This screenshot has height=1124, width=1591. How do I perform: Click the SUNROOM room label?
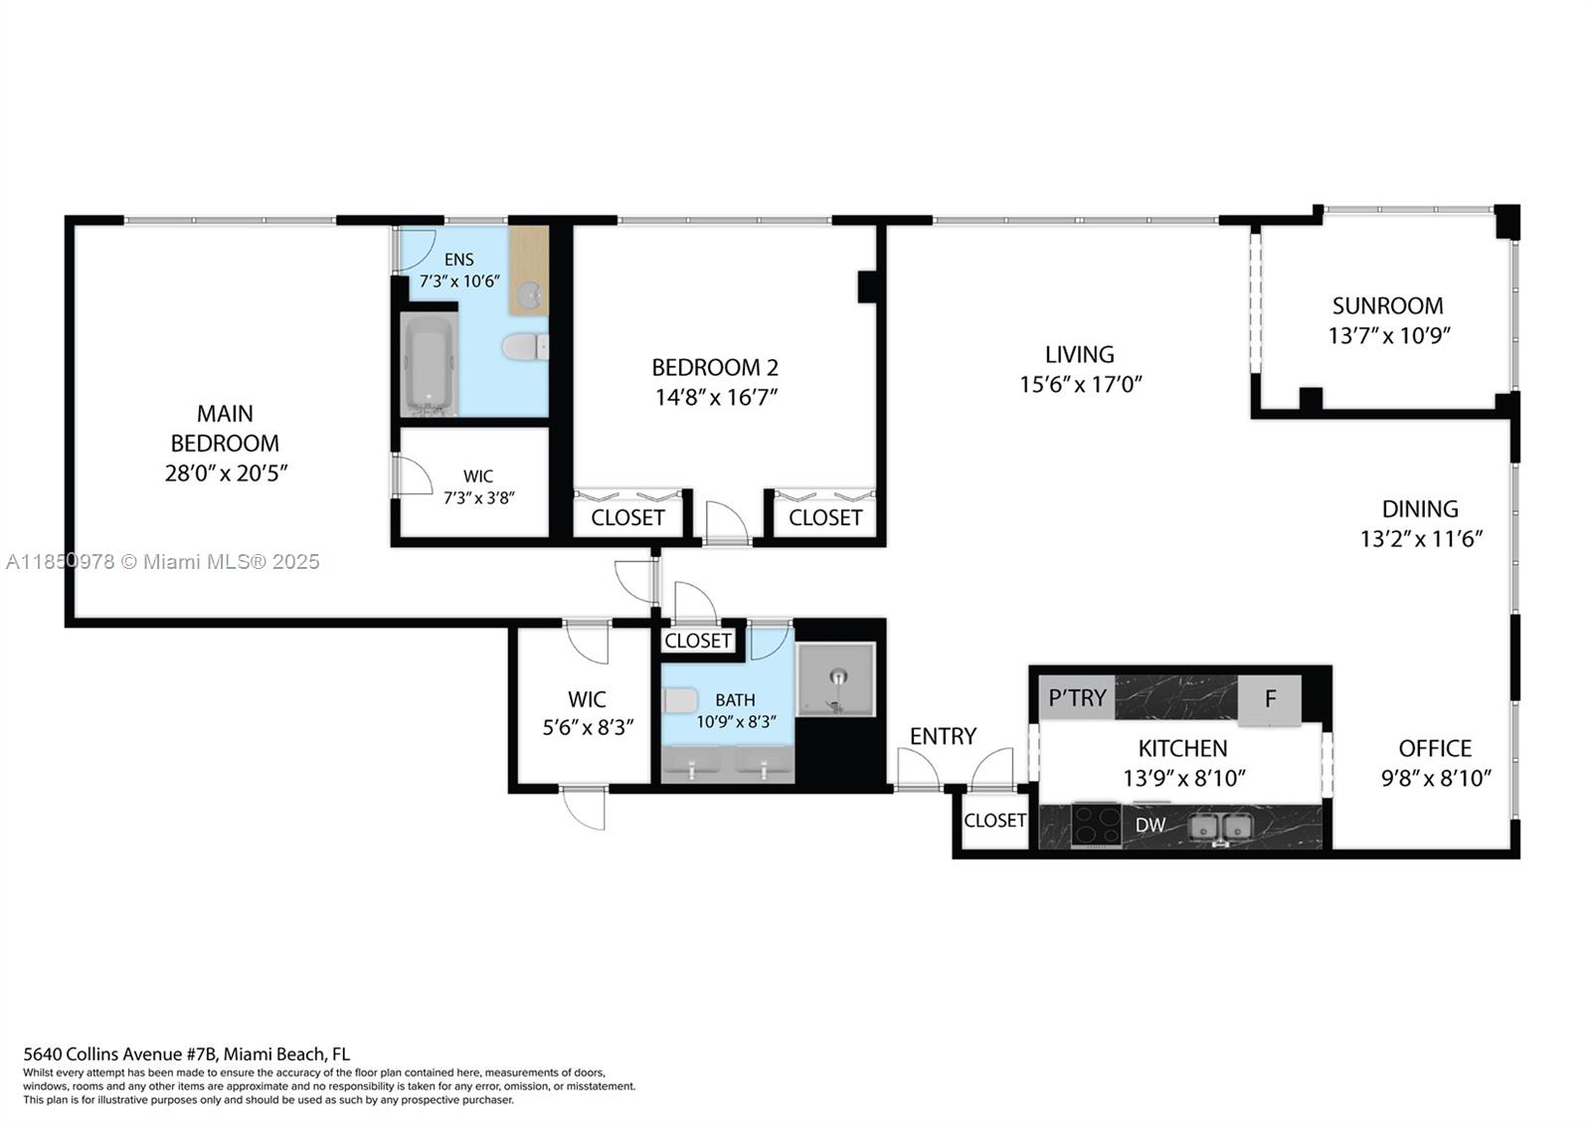pyautogui.click(x=1387, y=305)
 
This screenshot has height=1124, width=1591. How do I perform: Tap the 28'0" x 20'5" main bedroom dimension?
pyautogui.click(x=226, y=473)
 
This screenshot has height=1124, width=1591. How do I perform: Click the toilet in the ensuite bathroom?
pyautogui.click(x=525, y=347)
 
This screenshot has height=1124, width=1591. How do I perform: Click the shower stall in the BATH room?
pyautogui.click(x=836, y=680)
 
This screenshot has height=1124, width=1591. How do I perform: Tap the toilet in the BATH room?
pyautogui.click(x=681, y=700)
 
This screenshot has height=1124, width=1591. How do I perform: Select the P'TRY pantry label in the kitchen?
pyautogui.click(x=1077, y=697)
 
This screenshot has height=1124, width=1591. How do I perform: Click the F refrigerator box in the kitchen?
pyautogui.click(x=1270, y=698)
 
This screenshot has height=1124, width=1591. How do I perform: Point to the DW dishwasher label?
pyautogui.click(x=1150, y=825)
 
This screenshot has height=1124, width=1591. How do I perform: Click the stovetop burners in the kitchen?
pyautogui.click(x=1096, y=825)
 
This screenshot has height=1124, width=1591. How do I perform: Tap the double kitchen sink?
pyautogui.click(x=1221, y=826)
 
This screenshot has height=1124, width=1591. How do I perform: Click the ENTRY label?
pyautogui.click(x=943, y=736)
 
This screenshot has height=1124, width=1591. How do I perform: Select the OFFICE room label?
pyautogui.click(x=1435, y=748)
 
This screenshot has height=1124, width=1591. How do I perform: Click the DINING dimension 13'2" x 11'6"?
pyautogui.click(x=1421, y=539)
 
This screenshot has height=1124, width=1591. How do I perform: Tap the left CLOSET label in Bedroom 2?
pyautogui.click(x=627, y=517)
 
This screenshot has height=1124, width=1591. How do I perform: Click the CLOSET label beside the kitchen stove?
pyautogui.click(x=994, y=820)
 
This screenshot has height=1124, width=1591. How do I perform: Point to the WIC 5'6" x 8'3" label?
pyautogui.click(x=587, y=713)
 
